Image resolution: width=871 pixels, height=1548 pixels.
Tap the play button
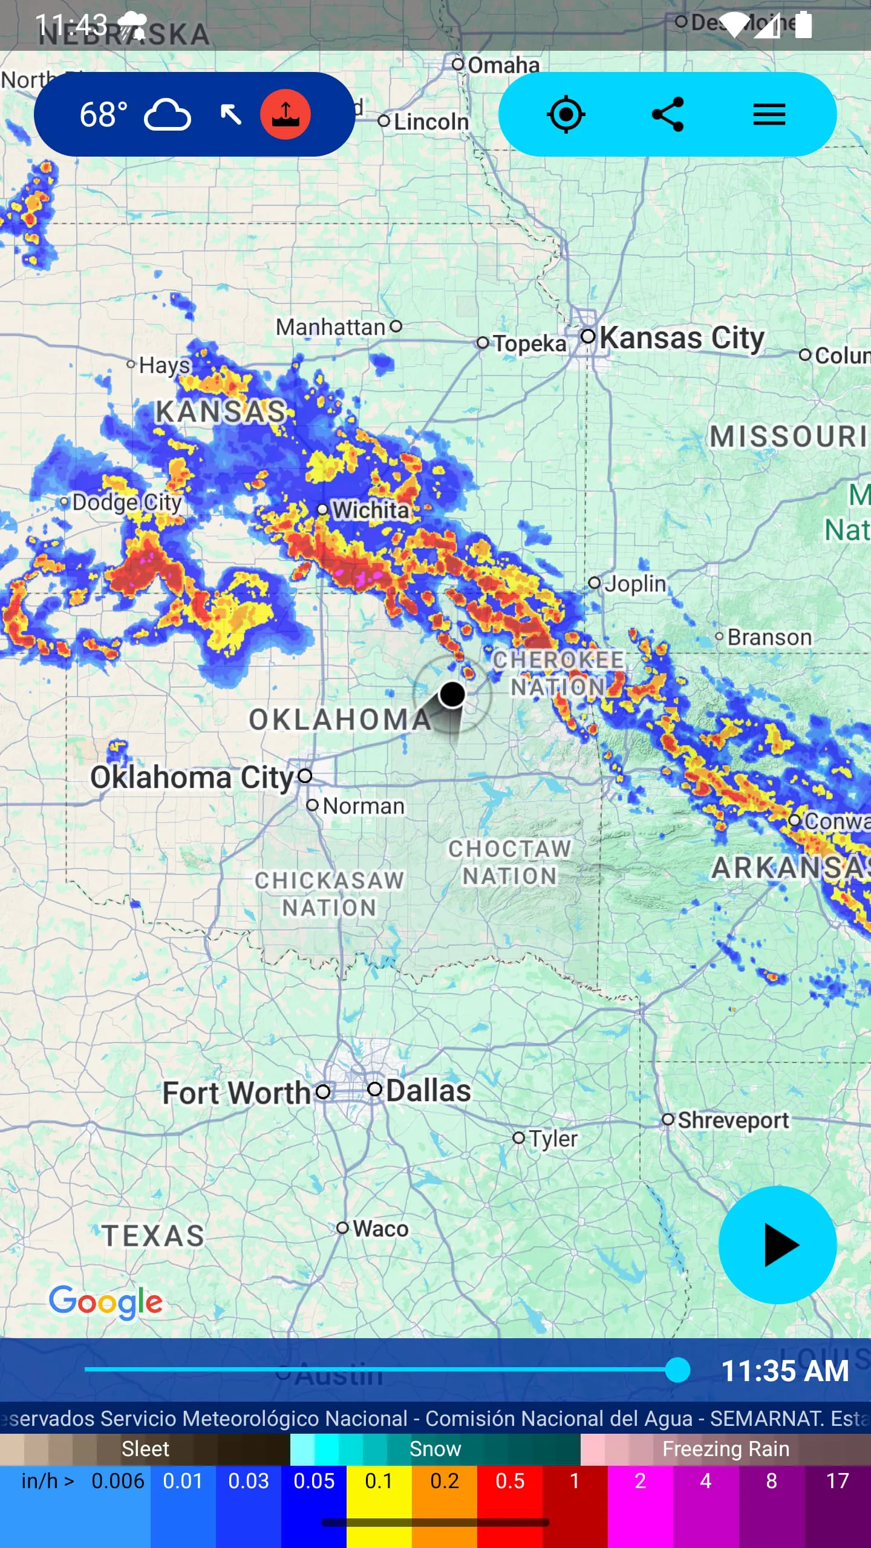[777, 1244]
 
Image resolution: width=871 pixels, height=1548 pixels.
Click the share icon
[667, 114]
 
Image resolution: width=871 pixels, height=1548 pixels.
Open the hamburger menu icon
[769, 114]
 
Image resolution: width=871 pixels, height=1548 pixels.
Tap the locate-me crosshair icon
[566, 114]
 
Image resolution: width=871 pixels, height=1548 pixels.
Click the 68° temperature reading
[104, 114]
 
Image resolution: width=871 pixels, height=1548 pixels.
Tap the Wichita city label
[371, 510]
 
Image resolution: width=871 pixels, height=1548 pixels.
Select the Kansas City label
[681, 337]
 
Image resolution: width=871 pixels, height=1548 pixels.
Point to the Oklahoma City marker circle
[305, 775]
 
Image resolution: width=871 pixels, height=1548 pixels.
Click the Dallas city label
[428, 1090]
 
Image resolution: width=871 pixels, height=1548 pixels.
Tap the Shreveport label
[732, 1120]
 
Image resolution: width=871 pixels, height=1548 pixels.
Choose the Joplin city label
[635, 584]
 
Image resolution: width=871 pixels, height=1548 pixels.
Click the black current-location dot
[452, 694]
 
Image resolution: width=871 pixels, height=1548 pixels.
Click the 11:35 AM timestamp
[785, 1371]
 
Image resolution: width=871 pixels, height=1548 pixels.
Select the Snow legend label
[435, 1449]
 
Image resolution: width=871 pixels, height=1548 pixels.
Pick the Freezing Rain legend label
[725, 1449]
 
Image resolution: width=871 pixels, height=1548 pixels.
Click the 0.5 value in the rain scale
[509, 1481]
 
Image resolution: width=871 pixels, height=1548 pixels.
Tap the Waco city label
[380, 1229]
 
